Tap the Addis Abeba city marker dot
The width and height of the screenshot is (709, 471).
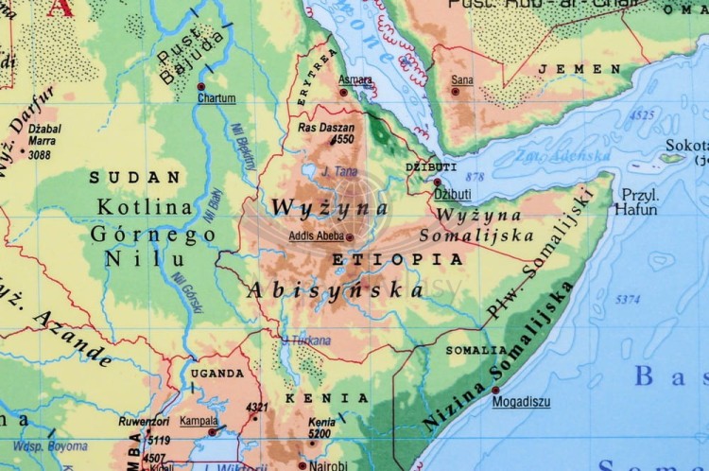coord(349,237)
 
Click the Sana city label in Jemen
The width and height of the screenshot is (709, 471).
coord(462,80)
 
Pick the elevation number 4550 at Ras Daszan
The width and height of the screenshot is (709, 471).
coord(342,139)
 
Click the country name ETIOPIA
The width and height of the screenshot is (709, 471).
coord(397,258)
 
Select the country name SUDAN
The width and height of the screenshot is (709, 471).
coord(134,177)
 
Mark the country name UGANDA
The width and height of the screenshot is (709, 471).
coord(218,374)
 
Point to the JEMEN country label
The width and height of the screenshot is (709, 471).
coord(579,69)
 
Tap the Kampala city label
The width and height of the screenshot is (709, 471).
coord(199,421)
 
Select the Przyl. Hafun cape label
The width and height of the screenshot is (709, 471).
coord(635,202)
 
